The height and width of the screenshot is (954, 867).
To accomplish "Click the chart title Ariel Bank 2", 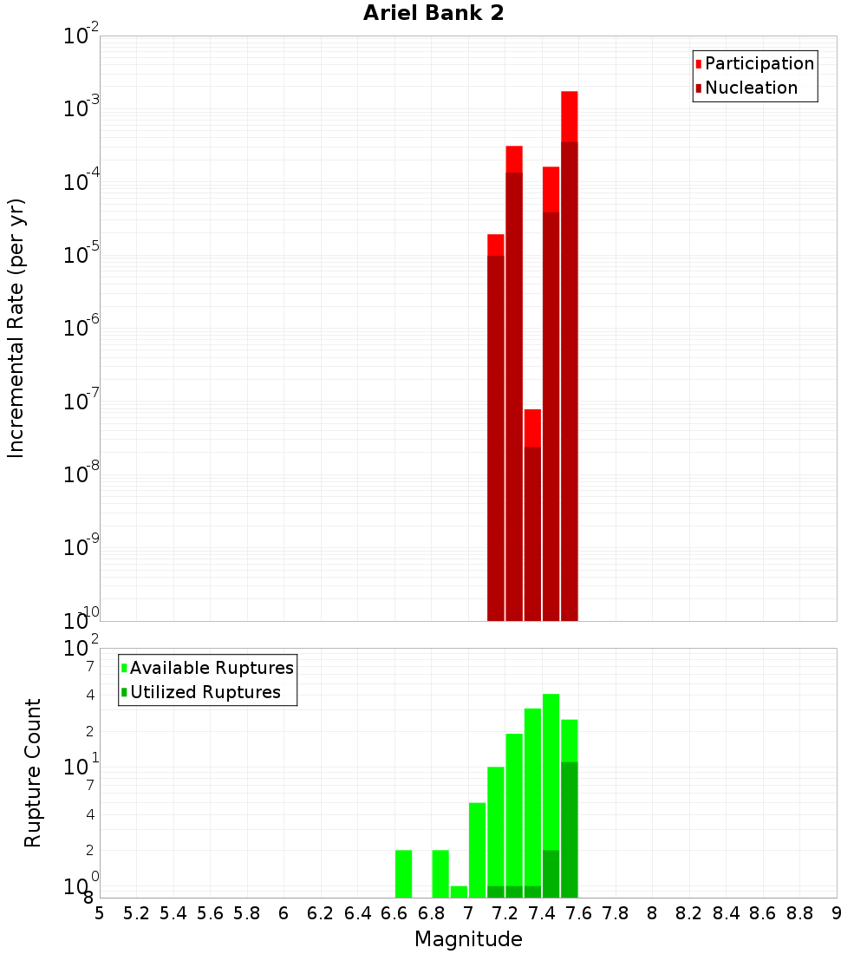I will [433, 13].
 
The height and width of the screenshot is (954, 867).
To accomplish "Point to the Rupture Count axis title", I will [33, 772].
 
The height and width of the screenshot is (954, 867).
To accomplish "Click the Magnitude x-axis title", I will [468, 939].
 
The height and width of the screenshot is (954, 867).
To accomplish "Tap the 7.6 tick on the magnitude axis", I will [578, 913].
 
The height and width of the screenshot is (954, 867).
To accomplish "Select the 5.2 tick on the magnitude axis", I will [136, 913].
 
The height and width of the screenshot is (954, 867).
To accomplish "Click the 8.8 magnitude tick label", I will [799, 913].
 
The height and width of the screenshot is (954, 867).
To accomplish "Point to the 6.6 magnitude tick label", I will [394, 913].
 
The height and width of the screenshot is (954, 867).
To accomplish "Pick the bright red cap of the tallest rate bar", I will [570, 116].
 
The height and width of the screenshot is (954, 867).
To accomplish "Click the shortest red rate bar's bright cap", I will [532, 428].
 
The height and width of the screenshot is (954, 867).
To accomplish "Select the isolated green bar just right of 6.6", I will [403, 873].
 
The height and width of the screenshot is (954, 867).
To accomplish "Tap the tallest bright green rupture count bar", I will [551, 772].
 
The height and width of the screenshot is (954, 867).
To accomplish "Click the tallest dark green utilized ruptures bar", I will [570, 829].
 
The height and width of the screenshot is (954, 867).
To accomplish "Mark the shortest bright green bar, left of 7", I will [459, 892].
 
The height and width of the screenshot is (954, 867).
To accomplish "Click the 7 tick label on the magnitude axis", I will [468, 913].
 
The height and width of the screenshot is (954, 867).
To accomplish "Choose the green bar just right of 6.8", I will [440, 873].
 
